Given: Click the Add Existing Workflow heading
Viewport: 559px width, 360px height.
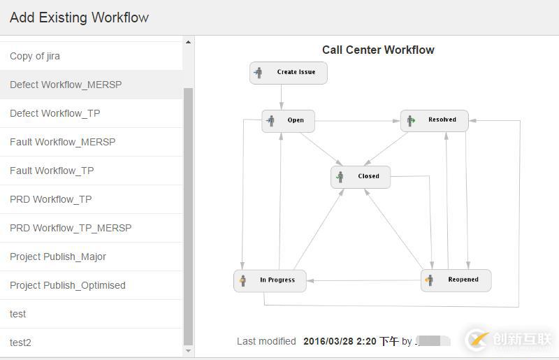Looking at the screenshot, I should coord(79,17).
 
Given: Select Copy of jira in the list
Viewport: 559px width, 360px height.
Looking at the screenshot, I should coord(35,56).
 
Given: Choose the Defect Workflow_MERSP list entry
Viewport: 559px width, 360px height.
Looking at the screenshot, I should coord(66,85).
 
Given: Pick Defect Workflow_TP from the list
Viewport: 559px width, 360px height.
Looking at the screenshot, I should coord(55,113).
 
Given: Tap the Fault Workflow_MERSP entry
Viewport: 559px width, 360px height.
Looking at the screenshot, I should coord(63,142).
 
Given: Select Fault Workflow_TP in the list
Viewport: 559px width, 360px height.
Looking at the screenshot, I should coord(52,171).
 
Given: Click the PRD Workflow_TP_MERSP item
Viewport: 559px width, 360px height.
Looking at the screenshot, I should coord(71,228).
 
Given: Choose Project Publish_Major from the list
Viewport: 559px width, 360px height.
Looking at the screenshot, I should coord(58,257).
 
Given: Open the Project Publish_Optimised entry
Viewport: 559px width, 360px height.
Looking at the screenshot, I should coord(68,285).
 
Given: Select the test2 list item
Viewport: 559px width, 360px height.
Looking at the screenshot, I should coord(20,343).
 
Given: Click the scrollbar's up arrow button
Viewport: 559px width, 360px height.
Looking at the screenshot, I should coord(188,43).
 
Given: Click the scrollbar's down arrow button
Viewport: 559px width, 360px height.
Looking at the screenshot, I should coord(188,350).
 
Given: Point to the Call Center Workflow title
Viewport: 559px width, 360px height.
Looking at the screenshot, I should coord(378,50).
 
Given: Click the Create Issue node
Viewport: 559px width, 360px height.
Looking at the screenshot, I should coord(288,72).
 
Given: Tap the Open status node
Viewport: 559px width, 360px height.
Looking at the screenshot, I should coord(288,120).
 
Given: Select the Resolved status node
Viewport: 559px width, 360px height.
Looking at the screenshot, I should coord(434,120).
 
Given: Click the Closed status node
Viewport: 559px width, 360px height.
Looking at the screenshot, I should coord(361,177).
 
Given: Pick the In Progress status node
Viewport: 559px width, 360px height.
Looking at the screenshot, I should coord(270,280).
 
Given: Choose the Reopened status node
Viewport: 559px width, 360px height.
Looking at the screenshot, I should coord(456,280).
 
